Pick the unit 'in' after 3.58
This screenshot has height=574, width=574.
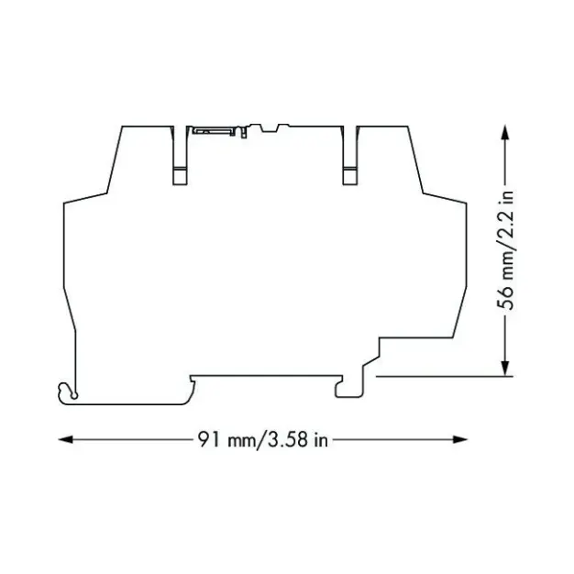click(319, 440)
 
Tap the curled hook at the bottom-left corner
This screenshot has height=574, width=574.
click(66, 392)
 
